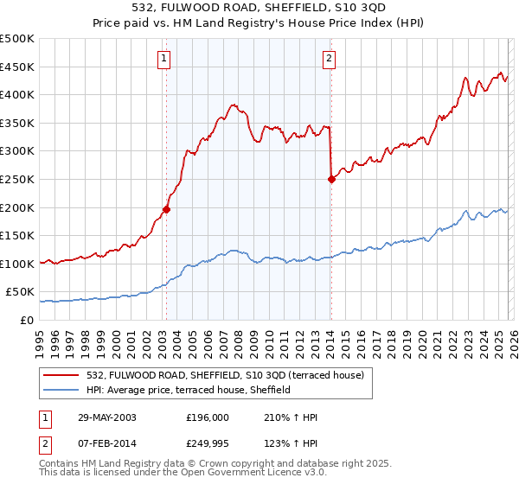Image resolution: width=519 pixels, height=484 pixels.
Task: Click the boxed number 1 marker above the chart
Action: [164, 59]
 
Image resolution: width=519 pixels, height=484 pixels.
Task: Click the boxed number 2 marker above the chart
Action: [330, 59]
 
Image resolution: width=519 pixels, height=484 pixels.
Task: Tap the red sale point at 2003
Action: [166, 208]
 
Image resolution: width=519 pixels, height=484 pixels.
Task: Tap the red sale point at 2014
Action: [330, 179]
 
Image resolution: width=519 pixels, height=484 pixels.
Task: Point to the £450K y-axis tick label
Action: [16, 67]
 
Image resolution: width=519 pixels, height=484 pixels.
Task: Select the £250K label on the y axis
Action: [16, 179]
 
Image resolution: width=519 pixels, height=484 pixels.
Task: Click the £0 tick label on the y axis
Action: [25, 320]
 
